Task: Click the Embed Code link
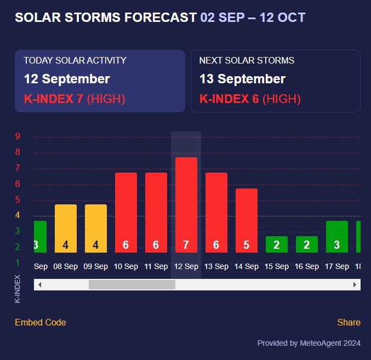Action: click(x=41, y=322)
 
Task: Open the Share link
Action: click(x=349, y=322)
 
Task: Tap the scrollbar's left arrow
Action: click(x=39, y=284)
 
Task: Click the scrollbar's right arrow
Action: click(x=355, y=284)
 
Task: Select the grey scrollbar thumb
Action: click(x=132, y=284)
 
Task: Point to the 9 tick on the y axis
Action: click(x=18, y=136)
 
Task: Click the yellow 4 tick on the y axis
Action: click(x=18, y=215)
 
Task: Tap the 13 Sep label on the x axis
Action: click(x=216, y=266)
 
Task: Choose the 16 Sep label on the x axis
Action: click(x=306, y=266)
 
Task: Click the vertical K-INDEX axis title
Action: click(x=18, y=289)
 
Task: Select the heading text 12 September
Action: click(x=67, y=79)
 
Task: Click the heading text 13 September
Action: click(x=242, y=79)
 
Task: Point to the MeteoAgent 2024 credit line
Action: click(x=309, y=343)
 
